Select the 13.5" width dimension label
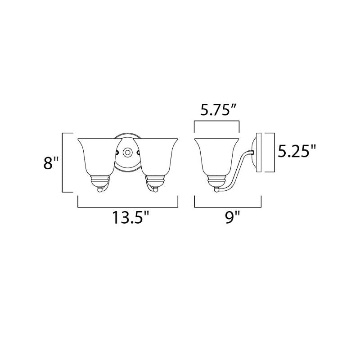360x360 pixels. tap(130, 217)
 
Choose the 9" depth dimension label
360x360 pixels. tap(233, 217)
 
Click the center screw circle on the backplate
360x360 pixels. tap(127, 152)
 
